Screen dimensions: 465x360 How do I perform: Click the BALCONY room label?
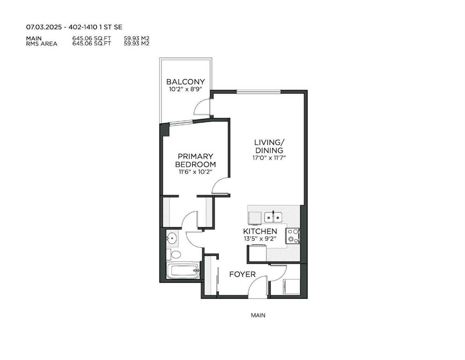pyautogui.click(x=185, y=82)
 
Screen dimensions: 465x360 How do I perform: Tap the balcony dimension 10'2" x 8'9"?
pyautogui.click(x=185, y=89)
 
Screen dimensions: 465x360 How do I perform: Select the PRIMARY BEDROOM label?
pyautogui.click(x=195, y=160)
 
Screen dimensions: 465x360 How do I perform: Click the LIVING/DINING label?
pyautogui.click(x=269, y=146)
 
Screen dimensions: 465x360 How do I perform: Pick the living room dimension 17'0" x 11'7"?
pyautogui.click(x=269, y=157)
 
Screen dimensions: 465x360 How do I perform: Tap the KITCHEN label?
pyautogui.click(x=260, y=231)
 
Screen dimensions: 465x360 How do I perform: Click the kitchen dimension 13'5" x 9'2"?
pyautogui.click(x=260, y=238)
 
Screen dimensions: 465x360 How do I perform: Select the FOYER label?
pyautogui.click(x=242, y=274)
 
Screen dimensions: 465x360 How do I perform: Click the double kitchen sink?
pyautogui.click(x=273, y=217)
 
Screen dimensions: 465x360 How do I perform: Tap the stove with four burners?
pyautogui.click(x=293, y=236)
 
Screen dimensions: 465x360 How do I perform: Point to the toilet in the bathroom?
pyautogui.click(x=174, y=255)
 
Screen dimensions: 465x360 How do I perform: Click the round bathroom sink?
pyautogui.click(x=171, y=238)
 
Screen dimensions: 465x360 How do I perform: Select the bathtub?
pyautogui.click(x=183, y=270)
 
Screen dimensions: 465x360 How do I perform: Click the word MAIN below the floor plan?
pyautogui.click(x=258, y=315)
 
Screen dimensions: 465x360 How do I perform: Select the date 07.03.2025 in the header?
pyautogui.click(x=44, y=27)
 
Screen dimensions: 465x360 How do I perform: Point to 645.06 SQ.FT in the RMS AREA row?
pyautogui.click(x=92, y=43)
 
